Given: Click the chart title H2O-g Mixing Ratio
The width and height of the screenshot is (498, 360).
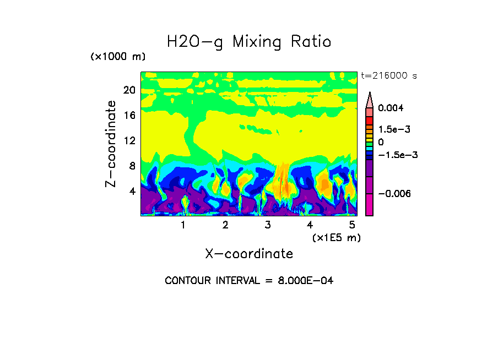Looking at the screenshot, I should point(249,42).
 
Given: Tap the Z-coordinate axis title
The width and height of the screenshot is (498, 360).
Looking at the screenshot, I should point(112,144).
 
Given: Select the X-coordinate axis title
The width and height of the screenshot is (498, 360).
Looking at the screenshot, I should point(249,254).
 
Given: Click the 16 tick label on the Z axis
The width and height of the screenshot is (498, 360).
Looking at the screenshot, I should point(129,115).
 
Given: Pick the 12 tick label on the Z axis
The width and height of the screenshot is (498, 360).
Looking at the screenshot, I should point(129,140).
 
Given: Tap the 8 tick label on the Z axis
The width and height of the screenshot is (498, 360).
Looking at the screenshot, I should point(132,166).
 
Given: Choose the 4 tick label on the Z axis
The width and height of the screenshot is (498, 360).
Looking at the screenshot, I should point(132,191).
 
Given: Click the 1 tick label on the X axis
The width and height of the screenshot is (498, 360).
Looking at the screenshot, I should point(183,225).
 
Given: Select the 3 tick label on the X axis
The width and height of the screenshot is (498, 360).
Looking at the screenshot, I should point(268,225).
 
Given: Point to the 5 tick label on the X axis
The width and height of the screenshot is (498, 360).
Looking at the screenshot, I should point(352,225).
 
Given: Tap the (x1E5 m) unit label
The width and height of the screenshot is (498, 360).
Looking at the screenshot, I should point(336,237).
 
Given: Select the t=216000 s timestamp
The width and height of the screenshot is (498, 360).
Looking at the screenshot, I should point(388,75).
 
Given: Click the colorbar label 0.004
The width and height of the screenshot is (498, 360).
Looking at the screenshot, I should point(391,108).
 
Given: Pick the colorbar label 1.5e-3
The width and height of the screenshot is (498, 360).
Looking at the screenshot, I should point(394,129).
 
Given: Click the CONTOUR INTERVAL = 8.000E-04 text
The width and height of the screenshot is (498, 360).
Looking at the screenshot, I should point(249,281).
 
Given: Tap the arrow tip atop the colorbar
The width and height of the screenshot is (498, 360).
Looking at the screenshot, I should point(369,95).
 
